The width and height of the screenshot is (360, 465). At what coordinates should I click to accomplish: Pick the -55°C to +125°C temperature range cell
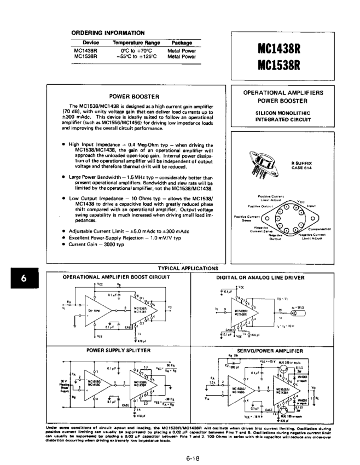(x=136, y=56)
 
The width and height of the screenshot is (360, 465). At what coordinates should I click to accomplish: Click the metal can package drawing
(x=268, y=165)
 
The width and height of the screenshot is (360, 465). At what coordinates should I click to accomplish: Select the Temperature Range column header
(x=136, y=43)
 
